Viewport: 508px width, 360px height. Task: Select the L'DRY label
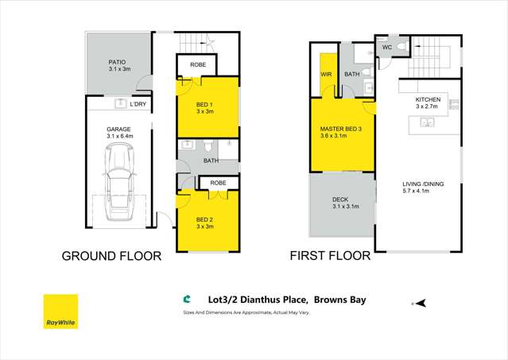(138, 104)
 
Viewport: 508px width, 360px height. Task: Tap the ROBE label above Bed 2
(218, 183)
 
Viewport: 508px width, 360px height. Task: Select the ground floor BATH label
(211, 161)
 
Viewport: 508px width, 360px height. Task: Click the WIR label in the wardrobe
(327, 75)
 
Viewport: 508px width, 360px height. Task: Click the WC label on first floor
(387, 48)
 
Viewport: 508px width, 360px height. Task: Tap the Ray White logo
(60, 312)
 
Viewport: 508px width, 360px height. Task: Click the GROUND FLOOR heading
(111, 256)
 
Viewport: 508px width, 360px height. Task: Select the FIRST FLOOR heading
(329, 256)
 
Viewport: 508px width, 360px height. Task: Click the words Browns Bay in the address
(341, 300)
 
